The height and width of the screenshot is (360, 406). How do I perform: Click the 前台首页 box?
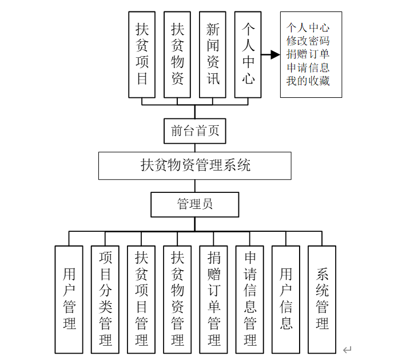pos(195,131)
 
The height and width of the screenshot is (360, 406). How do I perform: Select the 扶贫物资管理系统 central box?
pos(195,165)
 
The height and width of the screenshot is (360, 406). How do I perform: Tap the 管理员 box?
pos(195,204)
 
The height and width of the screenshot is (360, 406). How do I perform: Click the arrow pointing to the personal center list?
pos(270,55)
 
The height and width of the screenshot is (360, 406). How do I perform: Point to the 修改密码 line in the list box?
pos(308,41)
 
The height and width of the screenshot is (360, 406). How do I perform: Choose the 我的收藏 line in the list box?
pos(308,81)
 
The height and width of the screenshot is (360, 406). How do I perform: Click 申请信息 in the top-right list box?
pos(308,68)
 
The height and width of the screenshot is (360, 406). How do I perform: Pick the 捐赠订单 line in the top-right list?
pos(308,54)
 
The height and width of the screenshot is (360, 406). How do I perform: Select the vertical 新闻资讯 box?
pos(213,55)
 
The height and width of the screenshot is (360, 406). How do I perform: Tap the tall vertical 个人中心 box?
pos(248,55)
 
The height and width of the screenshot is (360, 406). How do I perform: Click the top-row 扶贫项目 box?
pos(142,55)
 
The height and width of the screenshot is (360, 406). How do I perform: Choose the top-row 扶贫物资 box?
pos(177,55)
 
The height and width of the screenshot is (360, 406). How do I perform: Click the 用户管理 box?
pos(69,299)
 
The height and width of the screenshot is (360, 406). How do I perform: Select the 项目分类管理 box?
pos(105,299)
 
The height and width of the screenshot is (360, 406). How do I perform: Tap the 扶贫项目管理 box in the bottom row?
pos(141,299)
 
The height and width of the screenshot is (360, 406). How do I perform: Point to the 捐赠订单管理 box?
pos(214,299)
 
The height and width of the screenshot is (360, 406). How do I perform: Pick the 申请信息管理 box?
pos(250,299)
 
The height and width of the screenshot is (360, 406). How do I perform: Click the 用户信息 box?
pos(286,299)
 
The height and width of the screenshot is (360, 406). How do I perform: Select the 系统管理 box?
pos(322,299)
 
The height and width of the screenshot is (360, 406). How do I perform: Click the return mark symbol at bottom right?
pos(347,350)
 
